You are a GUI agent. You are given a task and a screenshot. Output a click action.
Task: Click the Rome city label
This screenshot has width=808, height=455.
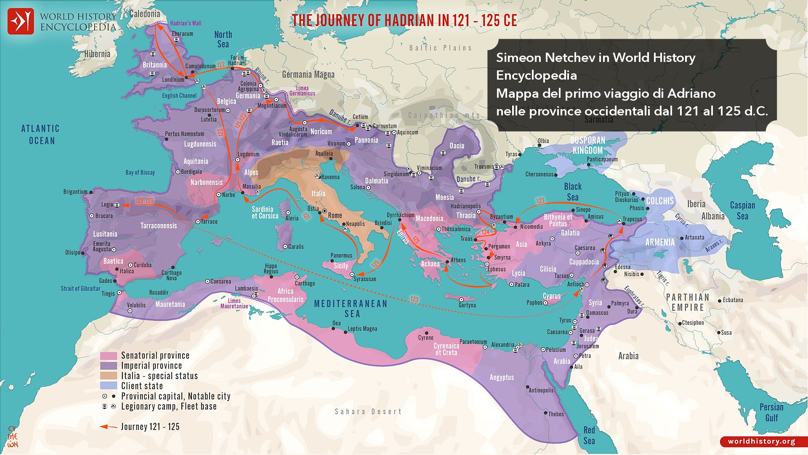click(x=335, y=215)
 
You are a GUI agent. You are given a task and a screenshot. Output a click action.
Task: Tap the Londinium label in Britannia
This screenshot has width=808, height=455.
click(x=173, y=79)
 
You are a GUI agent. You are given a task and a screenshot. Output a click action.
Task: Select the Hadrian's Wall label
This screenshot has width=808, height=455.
click(x=186, y=23)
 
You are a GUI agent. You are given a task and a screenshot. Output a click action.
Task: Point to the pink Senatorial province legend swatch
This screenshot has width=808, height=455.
click(x=108, y=356)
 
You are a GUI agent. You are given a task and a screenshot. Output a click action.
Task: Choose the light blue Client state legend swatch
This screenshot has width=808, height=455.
click(x=108, y=386)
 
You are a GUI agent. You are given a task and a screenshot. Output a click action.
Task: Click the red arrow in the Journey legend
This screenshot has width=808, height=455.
click(x=109, y=427)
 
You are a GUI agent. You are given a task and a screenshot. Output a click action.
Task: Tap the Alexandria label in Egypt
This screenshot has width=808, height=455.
click(x=502, y=345)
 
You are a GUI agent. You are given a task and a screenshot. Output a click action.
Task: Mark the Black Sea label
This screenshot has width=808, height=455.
click(x=572, y=192)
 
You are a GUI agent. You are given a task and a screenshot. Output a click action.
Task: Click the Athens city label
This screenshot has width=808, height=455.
click(x=458, y=260)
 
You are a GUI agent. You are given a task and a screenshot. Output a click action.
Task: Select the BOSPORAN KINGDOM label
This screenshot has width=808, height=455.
click(x=587, y=145)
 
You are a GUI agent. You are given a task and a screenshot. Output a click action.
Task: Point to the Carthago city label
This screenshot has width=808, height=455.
click(x=305, y=283)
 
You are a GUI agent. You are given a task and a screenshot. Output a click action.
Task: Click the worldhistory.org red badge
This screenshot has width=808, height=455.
click(x=761, y=441)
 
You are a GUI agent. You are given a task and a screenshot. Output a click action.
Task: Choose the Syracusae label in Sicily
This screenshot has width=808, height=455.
click(x=365, y=279)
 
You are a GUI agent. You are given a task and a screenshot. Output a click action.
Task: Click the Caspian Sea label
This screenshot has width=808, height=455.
click(x=742, y=211)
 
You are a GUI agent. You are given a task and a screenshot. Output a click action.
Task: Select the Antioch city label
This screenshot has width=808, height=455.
click(x=575, y=284)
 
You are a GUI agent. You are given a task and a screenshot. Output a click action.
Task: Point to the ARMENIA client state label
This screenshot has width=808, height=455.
click(x=659, y=242)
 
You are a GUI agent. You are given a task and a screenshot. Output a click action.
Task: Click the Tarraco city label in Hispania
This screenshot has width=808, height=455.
click(x=209, y=222)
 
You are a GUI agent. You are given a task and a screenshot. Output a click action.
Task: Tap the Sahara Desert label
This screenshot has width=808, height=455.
click(x=368, y=412)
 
